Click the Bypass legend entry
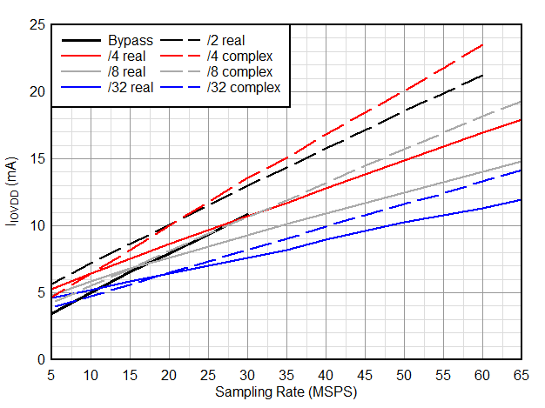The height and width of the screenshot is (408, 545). click(131, 40)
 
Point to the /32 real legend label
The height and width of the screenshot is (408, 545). click(131, 87)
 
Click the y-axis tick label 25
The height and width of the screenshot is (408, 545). click(36, 25)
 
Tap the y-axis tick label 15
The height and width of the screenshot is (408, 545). click(36, 159)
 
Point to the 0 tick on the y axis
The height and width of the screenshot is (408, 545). click(39, 359)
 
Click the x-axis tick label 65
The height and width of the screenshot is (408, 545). click(521, 374)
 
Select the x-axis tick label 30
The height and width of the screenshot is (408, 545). click(247, 374)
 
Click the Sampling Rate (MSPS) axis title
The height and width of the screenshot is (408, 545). click(286, 391)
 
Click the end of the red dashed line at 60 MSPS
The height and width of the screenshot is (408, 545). click(482, 44)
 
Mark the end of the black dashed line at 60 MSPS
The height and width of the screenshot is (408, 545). click(482, 76)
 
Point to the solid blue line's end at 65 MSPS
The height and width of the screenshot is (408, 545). click(521, 199)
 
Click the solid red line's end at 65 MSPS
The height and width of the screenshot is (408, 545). click(521, 120)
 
